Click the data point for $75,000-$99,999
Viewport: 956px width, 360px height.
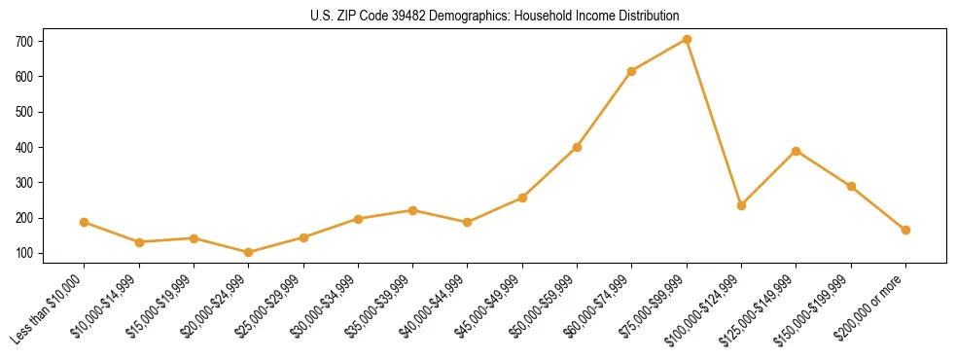pos(687,39)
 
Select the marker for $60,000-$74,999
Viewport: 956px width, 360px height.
pos(632,71)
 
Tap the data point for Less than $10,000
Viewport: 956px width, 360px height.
pos(85,222)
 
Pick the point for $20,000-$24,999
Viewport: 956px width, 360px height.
pos(249,252)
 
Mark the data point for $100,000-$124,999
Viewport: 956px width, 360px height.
pos(741,205)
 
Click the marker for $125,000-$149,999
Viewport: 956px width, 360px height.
pos(797,151)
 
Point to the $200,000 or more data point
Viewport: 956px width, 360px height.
pos(905,230)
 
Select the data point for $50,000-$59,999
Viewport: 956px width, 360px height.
pos(577,147)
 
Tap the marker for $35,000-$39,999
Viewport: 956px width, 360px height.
pos(413,210)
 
